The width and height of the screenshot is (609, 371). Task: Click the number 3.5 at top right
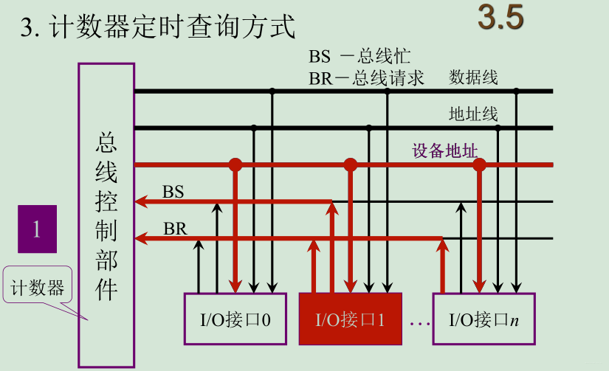click(x=500, y=19)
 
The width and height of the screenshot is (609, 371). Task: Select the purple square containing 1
click(x=37, y=229)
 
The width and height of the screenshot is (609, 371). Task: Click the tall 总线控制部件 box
click(x=106, y=215)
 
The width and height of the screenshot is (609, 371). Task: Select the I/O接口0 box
click(x=235, y=319)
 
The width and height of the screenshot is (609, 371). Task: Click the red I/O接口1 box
click(x=351, y=319)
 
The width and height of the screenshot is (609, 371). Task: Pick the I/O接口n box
click(x=484, y=319)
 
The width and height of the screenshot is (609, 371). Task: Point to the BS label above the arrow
click(x=173, y=192)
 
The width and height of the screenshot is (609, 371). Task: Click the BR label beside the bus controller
click(x=175, y=229)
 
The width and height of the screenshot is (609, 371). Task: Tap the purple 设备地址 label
click(x=445, y=151)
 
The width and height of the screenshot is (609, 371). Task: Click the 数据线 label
click(x=473, y=77)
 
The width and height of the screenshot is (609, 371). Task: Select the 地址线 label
click(x=473, y=114)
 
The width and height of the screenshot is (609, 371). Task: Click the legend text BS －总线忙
click(x=359, y=57)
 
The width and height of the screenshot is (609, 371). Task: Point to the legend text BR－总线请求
click(x=366, y=78)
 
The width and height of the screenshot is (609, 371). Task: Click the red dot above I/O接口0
click(x=235, y=164)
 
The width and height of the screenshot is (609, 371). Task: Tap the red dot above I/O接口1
click(x=351, y=164)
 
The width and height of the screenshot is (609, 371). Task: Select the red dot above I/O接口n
click(x=480, y=164)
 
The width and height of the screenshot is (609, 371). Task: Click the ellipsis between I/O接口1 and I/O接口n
click(x=419, y=322)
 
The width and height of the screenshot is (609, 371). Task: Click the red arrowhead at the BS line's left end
click(x=140, y=201)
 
